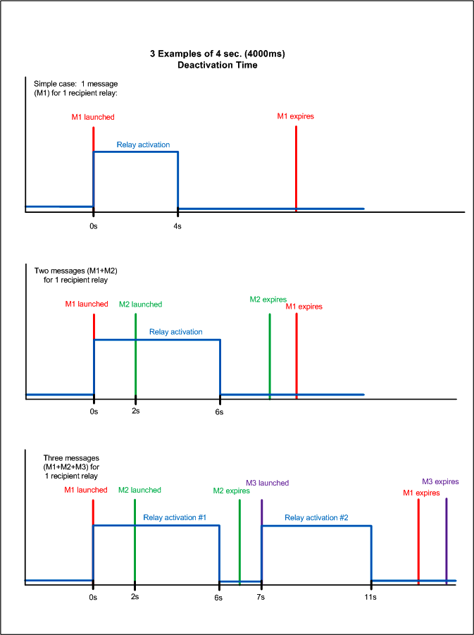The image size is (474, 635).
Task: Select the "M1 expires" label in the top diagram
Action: click(295, 116)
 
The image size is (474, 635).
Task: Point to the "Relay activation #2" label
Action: click(316, 518)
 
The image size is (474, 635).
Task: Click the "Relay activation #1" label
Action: click(174, 518)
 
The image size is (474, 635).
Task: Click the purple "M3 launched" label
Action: click(267, 483)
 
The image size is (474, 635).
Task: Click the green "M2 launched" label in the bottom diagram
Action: click(139, 491)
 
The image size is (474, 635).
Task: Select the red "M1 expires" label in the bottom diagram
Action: click(421, 493)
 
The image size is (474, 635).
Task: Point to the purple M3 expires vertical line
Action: click(446, 539)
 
